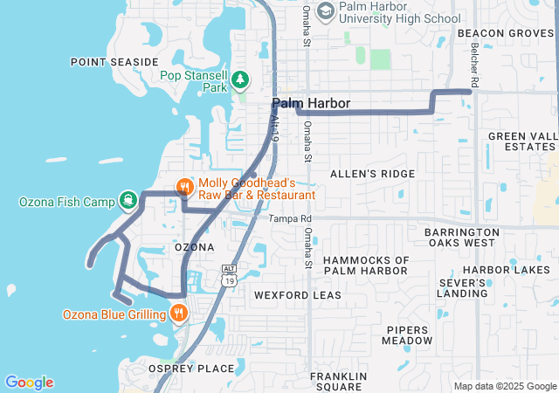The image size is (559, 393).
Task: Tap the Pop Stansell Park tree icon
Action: (x=240, y=81)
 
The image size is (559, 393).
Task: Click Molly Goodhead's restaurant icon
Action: (x=184, y=187)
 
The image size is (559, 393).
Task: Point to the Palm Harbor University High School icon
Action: (x=326, y=11)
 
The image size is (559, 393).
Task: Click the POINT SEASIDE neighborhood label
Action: (x=114, y=62)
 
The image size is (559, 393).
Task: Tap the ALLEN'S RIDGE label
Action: (x=372, y=174)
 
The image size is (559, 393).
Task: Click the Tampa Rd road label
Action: (x=290, y=219)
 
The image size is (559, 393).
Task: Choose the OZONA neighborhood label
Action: (x=194, y=247)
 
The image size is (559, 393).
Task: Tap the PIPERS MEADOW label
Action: (x=408, y=334)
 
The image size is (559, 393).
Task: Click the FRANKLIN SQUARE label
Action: (x=336, y=381)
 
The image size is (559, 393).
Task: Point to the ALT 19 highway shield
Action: (x=229, y=276)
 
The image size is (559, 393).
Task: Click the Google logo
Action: (x=29, y=383)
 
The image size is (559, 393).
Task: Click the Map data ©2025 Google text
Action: (x=505, y=386)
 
